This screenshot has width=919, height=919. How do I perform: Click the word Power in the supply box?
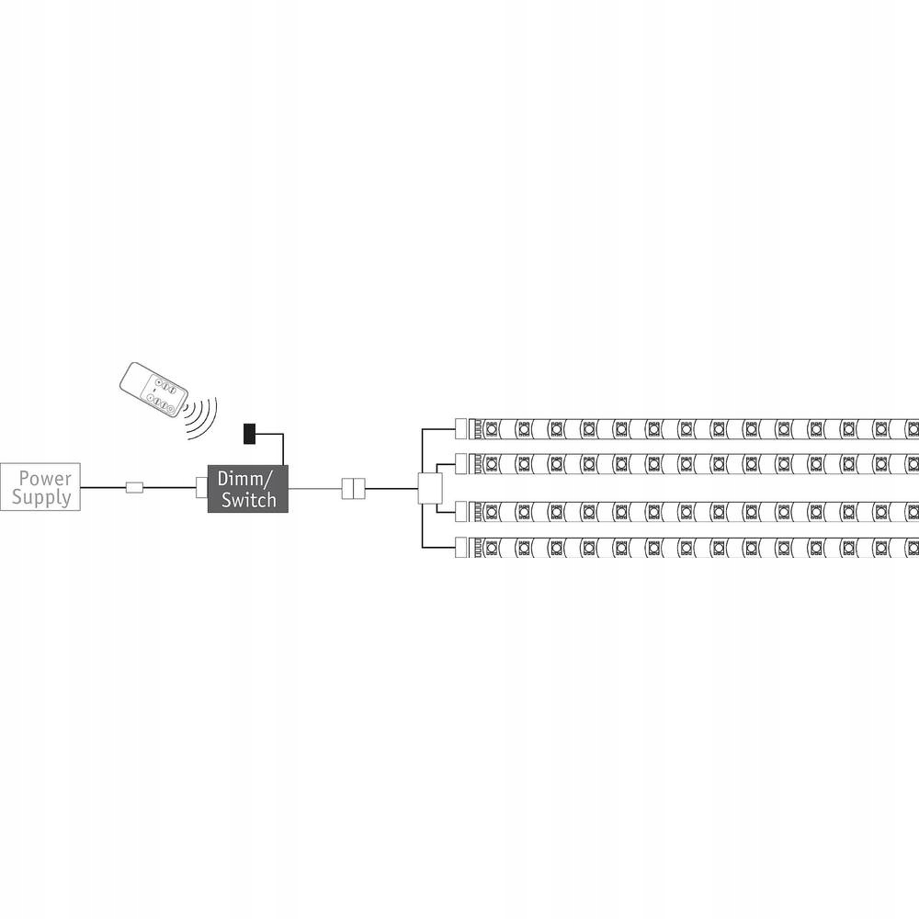45,479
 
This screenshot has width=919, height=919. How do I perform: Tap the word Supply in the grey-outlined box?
42,498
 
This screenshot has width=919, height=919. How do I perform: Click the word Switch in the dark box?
248,500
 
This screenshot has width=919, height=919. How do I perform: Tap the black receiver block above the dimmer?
249,433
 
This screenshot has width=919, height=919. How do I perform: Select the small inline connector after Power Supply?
134,488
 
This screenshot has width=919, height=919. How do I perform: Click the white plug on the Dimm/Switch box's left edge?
201,488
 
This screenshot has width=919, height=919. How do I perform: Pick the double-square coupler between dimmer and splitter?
353,488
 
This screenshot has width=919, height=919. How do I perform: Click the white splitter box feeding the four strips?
430,488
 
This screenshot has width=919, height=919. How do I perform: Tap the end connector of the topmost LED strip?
462,427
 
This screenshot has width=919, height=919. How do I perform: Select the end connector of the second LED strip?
462,459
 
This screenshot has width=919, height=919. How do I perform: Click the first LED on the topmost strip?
491,428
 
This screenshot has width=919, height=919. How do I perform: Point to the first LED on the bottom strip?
491,548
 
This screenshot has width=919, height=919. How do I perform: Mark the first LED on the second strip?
491,459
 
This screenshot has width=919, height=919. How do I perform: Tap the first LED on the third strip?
491,508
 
